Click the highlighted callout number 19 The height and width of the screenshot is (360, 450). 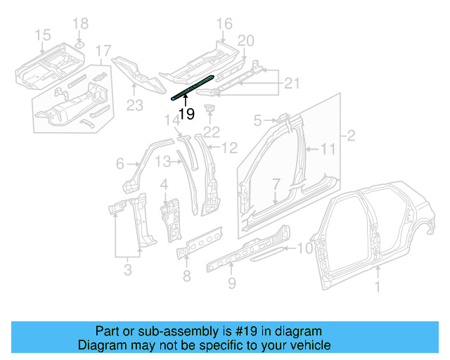(x=186, y=114)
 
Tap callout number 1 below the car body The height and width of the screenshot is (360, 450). (x=379, y=286)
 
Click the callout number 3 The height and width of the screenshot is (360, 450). (x=127, y=269)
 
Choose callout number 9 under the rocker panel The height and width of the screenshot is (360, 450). (x=233, y=284)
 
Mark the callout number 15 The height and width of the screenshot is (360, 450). (x=42, y=34)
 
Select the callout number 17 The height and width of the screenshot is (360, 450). (x=103, y=51)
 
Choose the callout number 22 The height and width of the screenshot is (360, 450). (x=210, y=131)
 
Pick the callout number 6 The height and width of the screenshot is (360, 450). (x=120, y=164)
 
